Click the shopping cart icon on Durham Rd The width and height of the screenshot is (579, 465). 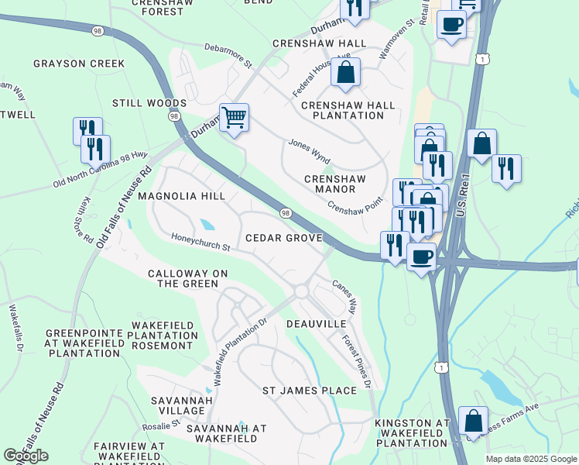click(x=234, y=119)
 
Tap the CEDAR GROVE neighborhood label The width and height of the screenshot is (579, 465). click(x=283, y=238)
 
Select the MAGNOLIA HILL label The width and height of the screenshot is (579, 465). click(x=181, y=196)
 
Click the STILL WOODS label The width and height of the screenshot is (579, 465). click(x=149, y=103)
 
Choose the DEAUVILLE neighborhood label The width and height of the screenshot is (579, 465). click(x=316, y=322)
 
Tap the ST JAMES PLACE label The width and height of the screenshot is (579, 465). click(x=309, y=390)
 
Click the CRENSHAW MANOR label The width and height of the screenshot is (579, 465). click(x=334, y=184)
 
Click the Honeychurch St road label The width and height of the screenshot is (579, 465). click(x=200, y=243)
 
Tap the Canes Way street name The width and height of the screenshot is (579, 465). click(x=345, y=296)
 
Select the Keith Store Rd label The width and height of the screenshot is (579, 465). click(x=86, y=218)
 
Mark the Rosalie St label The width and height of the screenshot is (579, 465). click(x=161, y=425)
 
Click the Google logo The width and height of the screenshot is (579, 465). click(x=26, y=456)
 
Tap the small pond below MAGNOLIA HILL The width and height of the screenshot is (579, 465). click(x=207, y=225)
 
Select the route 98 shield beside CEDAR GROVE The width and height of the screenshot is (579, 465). click(x=286, y=213)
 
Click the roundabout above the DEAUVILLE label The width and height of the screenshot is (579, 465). click(x=301, y=291)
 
